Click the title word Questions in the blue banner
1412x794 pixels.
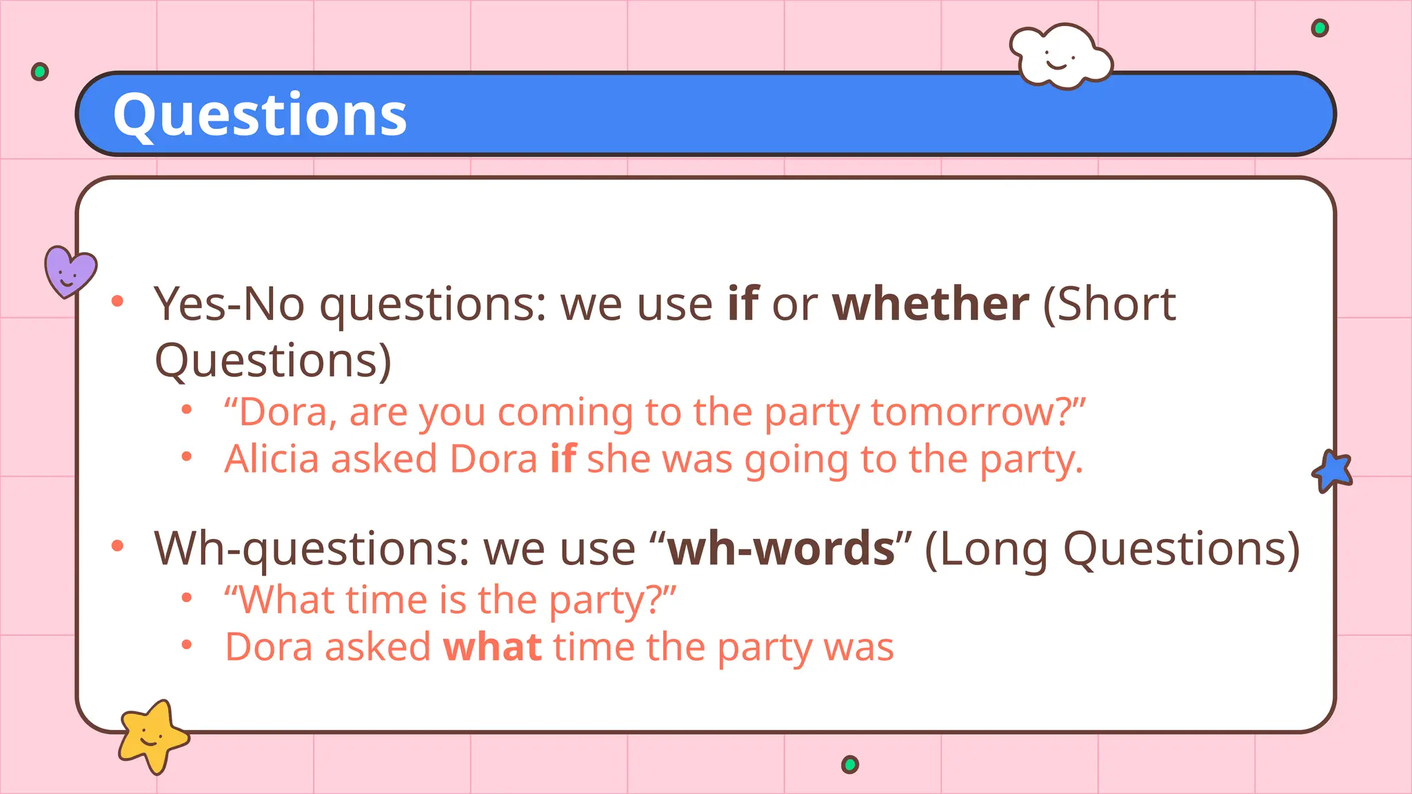point(260,115)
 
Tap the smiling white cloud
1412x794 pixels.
point(1060,57)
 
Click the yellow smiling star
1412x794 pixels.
point(152,736)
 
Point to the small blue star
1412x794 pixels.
point(1333,471)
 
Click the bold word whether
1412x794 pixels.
point(930,304)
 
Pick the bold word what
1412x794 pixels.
point(492,647)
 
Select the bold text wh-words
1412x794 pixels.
point(781,549)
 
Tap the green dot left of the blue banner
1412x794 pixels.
point(40,72)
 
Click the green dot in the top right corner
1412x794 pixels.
point(1320,28)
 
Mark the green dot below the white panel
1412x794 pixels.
point(850,764)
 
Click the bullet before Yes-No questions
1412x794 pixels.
point(117,301)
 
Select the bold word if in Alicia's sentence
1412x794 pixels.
point(563,459)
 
